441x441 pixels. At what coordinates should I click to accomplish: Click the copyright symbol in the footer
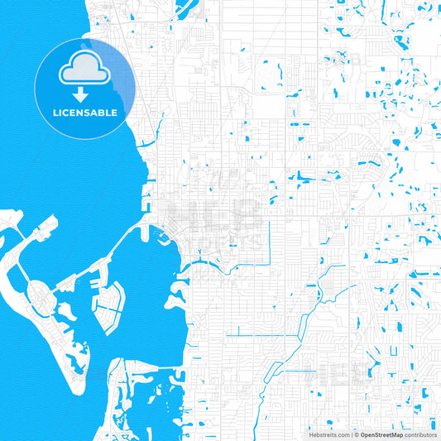pos(357,434)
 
